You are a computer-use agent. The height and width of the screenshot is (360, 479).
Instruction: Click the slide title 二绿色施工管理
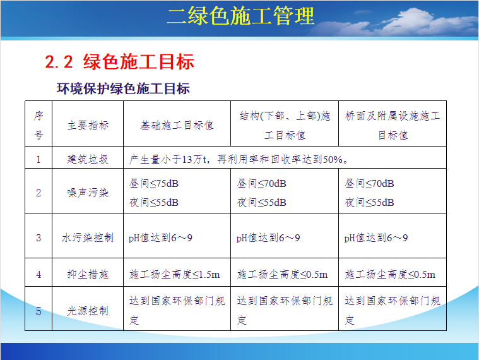pyautogui.click(x=240, y=16)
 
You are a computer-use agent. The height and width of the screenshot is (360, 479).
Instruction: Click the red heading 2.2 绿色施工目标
pyautogui.click(x=119, y=61)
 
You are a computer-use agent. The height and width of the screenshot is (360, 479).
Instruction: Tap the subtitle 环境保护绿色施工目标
pyautogui.click(x=123, y=88)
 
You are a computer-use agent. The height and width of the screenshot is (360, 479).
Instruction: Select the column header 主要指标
pyautogui.click(x=88, y=125)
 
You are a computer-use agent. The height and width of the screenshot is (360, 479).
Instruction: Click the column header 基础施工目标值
pyautogui.click(x=177, y=125)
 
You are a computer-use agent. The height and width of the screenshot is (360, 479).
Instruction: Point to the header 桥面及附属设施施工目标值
pyautogui.click(x=393, y=125)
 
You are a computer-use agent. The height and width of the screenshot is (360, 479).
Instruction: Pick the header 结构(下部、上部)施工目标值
pyautogui.click(x=285, y=125)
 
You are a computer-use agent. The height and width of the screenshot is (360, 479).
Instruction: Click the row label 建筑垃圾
pyautogui.click(x=88, y=159)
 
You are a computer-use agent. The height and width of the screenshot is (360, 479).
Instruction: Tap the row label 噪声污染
pyautogui.click(x=88, y=193)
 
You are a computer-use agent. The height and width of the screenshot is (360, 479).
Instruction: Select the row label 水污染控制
pyautogui.click(x=88, y=237)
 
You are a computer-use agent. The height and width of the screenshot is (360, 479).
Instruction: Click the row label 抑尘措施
pyautogui.click(x=88, y=274)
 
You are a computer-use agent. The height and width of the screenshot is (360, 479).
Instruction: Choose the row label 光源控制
pyautogui.click(x=88, y=311)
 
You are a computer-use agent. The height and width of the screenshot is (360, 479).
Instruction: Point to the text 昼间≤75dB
pyautogui.click(x=153, y=183)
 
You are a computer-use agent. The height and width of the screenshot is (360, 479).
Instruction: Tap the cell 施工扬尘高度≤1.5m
pyautogui.click(x=174, y=275)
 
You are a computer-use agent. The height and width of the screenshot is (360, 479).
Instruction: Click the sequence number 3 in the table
pyautogui.click(x=38, y=237)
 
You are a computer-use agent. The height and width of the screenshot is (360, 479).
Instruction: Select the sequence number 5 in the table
pyautogui.click(x=38, y=311)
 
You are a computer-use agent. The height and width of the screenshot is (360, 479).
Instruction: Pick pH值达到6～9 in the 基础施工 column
pyautogui.click(x=160, y=237)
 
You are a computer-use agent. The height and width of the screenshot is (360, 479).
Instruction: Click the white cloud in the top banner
pyautogui.click(x=410, y=21)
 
